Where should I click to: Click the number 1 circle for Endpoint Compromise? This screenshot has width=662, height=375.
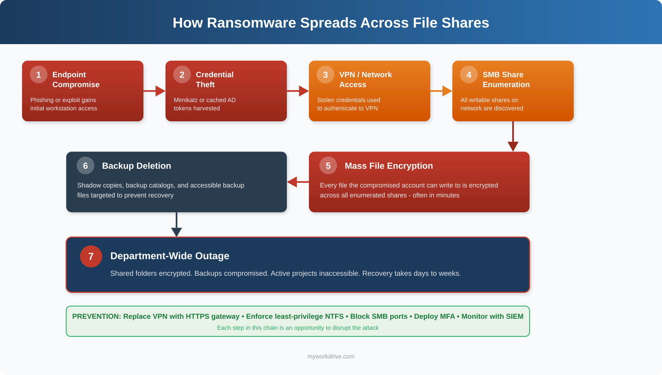point(39,75)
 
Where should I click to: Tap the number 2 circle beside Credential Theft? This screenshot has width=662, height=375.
point(182,75)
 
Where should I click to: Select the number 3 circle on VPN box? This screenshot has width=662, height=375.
point(325,75)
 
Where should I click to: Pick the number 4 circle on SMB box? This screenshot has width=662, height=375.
point(469,75)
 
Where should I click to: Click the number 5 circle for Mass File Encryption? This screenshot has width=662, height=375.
point(328,165)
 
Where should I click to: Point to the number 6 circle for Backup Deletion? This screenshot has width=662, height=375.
point(85,165)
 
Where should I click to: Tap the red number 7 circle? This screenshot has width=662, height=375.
point(91,256)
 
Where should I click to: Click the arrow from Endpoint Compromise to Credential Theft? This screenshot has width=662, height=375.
point(154,91)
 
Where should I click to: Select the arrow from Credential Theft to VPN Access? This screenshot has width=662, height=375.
point(298,91)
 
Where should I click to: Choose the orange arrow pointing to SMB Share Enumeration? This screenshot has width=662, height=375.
point(441,91)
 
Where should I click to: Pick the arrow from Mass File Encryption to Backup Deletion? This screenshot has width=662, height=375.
point(298,182)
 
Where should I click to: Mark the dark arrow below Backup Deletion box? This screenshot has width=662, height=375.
point(177,225)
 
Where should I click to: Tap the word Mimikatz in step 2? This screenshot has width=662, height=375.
point(185,100)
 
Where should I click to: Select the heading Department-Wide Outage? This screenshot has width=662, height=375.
point(170,256)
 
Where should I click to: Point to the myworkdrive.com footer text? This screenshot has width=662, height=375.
point(331,356)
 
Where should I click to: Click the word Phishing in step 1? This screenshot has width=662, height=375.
point(42,100)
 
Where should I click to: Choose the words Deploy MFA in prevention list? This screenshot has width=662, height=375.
point(434,316)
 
